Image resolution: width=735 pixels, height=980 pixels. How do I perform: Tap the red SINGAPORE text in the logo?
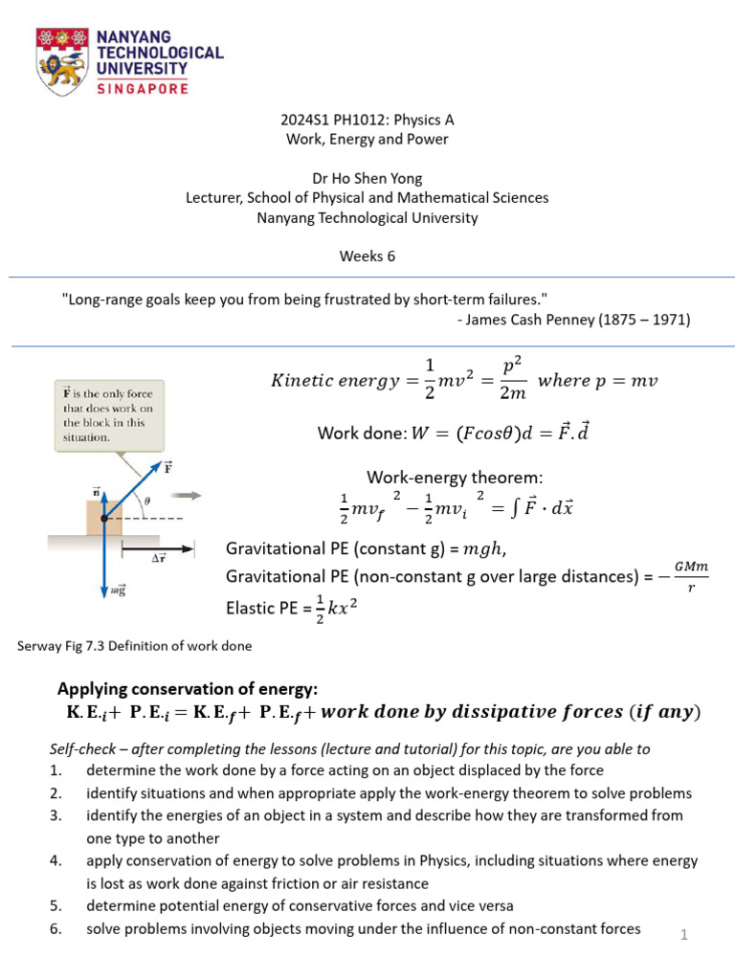143,87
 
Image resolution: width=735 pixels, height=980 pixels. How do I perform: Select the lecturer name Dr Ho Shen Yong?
367,178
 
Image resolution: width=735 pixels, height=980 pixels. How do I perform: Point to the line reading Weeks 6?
367,256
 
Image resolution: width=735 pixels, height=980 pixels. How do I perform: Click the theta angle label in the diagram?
146,500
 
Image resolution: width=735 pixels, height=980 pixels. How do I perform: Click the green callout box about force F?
109,413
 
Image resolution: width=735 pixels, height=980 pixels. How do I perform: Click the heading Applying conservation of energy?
187,689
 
